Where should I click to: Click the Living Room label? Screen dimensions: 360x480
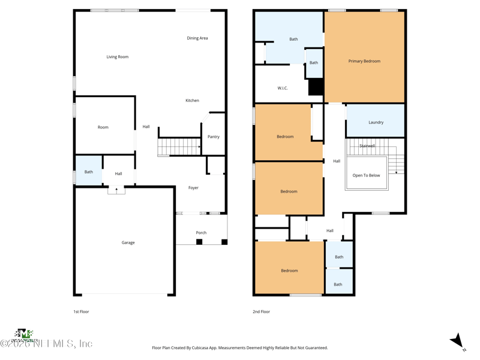(x=118, y=57)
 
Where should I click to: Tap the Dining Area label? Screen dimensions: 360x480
(x=197, y=38)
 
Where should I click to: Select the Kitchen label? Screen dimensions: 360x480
(x=192, y=101)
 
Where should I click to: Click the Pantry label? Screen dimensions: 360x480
(x=214, y=137)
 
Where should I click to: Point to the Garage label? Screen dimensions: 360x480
(x=128, y=243)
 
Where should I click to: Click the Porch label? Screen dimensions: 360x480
(x=201, y=233)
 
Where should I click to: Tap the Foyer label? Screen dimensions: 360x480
(x=193, y=188)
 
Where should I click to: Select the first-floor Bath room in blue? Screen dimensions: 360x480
(x=88, y=172)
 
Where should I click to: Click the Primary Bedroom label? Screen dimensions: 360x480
(x=364, y=61)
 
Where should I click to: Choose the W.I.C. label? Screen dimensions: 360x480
(x=283, y=88)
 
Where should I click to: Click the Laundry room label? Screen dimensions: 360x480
(x=376, y=122)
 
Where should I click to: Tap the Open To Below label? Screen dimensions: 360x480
(x=366, y=176)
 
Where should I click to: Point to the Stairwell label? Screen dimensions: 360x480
(x=367, y=146)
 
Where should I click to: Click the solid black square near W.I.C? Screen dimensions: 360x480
(x=316, y=87)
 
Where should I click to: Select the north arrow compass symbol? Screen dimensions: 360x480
(x=458, y=341)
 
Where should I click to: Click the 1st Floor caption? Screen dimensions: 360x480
(x=81, y=312)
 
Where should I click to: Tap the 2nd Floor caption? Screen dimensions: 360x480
(x=261, y=312)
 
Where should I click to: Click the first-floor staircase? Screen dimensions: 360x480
(x=179, y=146)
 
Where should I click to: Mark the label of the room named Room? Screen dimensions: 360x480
(x=103, y=127)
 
